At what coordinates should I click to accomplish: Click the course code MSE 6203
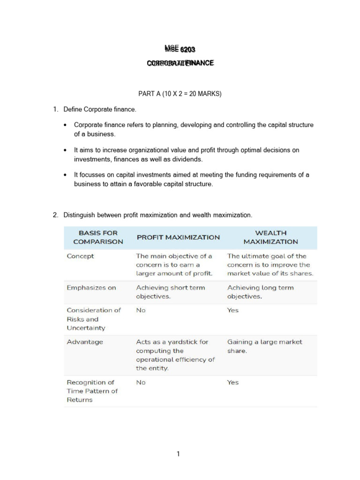tap(180, 49)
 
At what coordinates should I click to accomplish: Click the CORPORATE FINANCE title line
tap(180, 63)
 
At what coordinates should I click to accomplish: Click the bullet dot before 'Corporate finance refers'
tap(65, 125)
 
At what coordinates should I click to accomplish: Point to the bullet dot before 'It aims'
tap(65, 150)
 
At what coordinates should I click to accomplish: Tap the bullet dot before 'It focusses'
tap(65, 175)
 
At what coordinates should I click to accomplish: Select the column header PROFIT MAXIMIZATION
tap(178, 237)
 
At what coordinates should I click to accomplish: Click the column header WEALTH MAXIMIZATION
tap(270, 237)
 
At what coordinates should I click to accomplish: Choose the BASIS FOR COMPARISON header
tap(98, 237)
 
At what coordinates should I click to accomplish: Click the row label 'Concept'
tap(80, 256)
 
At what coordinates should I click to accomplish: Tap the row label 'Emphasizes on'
tap(91, 287)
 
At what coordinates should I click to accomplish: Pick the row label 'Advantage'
tap(84, 342)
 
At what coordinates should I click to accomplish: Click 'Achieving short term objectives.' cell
tap(170, 292)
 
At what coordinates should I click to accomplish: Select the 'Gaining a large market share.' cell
tap(264, 346)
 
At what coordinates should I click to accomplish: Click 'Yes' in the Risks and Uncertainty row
tap(232, 310)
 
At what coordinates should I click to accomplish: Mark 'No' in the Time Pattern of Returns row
tap(141, 382)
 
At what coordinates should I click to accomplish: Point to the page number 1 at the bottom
tap(178, 453)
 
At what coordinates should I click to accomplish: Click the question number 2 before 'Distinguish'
tap(55, 215)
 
